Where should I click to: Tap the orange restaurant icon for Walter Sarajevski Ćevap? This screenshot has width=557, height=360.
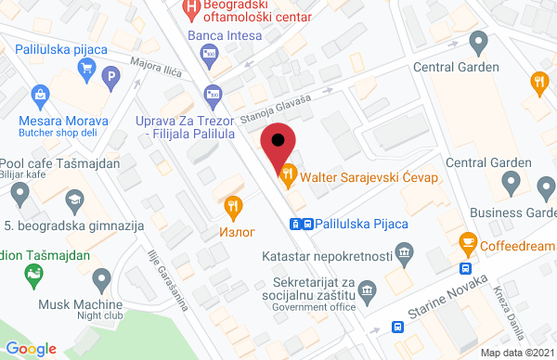click(x=288, y=173)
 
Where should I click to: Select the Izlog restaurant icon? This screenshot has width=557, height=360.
click(x=232, y=206)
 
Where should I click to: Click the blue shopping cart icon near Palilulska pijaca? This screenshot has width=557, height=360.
click(x=86, y=66)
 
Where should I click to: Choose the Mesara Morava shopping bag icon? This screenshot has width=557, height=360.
click(x=40, y=93)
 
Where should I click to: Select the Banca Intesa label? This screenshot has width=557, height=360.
click(x=219, y=36)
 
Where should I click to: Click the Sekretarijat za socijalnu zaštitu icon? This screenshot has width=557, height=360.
click(x=368, y=289)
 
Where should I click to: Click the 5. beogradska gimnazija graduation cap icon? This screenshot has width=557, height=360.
click(x=72, y=199)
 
